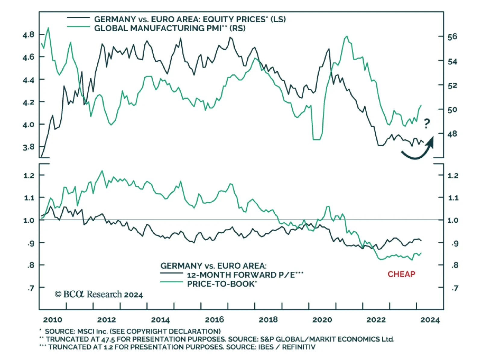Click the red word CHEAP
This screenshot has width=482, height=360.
[x=401, y=274]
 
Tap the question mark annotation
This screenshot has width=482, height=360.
[x=427, y=123]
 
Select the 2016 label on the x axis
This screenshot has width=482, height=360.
[x=214, y=320]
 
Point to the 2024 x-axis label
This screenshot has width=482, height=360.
[x=430, y=320]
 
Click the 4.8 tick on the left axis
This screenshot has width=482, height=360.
[x=29, y=35]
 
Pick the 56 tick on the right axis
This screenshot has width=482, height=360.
[x=452, y=37]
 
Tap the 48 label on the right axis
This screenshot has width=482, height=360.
[x=452, y=134]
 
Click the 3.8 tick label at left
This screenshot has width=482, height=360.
[x=29, y=147]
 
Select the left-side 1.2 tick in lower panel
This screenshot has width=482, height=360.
[x=30, y=175]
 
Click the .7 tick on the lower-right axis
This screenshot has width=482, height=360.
[x=455, y=288]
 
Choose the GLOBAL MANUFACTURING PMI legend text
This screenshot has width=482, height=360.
[x=170, y=29]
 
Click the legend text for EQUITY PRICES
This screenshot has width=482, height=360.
[x=190, y=20]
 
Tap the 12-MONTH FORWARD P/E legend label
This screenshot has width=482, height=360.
[x=245, y=275]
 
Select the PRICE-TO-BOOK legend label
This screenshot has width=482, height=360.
[x=222, y=284]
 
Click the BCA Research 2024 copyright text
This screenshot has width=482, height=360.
[x=99, y=294]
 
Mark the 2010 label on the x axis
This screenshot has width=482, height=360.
[x=53, y=320]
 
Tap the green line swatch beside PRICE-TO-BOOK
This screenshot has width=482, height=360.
[x=171, y=282]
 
